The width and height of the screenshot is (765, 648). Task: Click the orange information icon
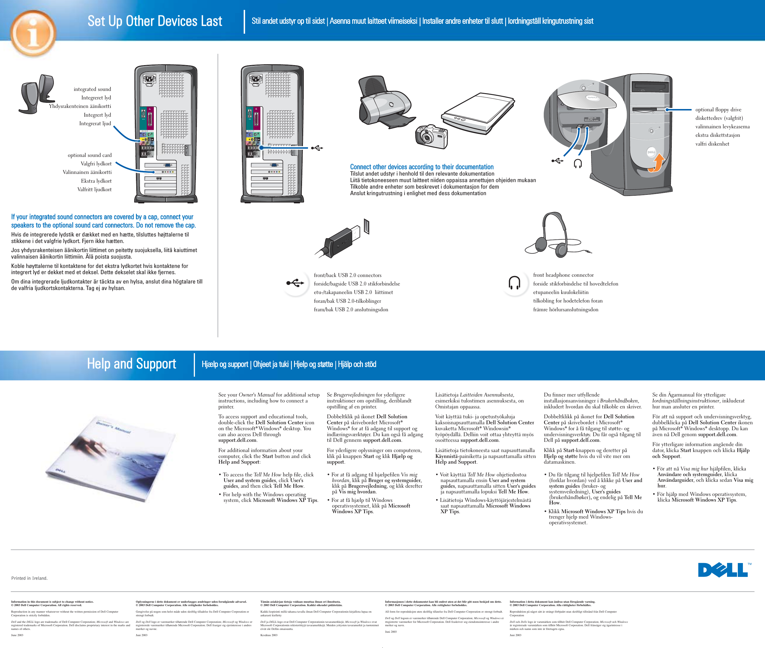[33, 33]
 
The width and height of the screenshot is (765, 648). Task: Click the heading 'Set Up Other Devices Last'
[155, 21]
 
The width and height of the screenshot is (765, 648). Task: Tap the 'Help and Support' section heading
[131, 364]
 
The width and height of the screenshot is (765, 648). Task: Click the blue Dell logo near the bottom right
[723, 570]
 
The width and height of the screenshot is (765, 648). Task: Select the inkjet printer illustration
[386, 103]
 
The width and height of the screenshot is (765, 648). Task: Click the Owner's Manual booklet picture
[110, 459]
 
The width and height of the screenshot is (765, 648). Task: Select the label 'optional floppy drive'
[718, 110]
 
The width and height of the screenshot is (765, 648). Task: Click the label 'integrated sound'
[92, 89]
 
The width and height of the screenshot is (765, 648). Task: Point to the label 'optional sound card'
[90, 155]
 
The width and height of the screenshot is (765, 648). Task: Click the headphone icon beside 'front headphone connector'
[514, 283]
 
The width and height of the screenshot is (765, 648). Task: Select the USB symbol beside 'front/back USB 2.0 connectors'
[295, 283]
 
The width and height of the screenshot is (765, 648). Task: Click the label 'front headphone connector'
[563, 275]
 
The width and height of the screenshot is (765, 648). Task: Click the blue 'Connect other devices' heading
[421, 167]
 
